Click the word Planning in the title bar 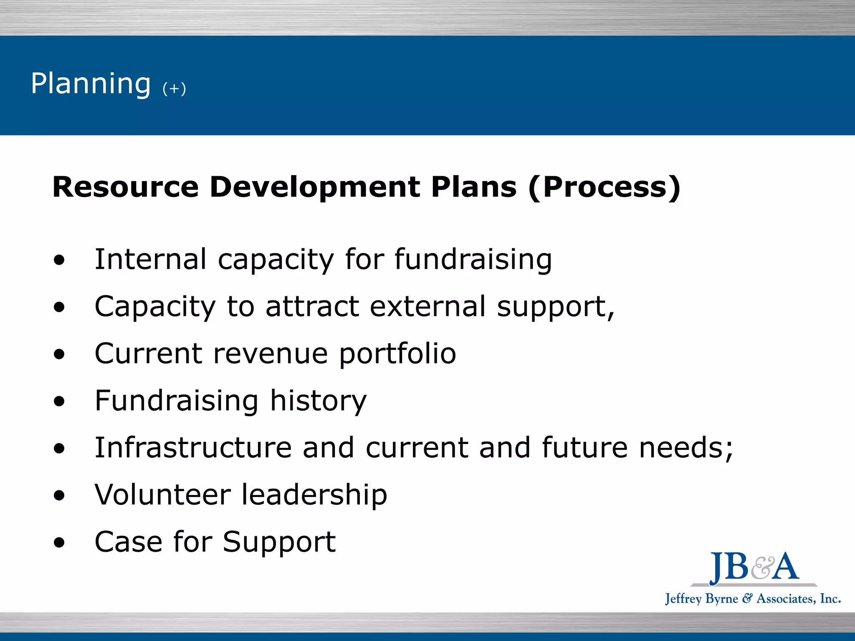[91, 84]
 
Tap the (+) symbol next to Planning [174, 88]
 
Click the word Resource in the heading [125, 187]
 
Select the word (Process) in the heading [605, 188]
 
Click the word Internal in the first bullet [150, 259]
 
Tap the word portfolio [397, 354]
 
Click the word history [318, 401]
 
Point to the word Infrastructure [193, 447]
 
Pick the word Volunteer [162, 495]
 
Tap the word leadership [314, 495]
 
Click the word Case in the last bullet [128, 542]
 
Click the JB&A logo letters [754, 567]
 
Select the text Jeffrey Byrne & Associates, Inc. [753, 599]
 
